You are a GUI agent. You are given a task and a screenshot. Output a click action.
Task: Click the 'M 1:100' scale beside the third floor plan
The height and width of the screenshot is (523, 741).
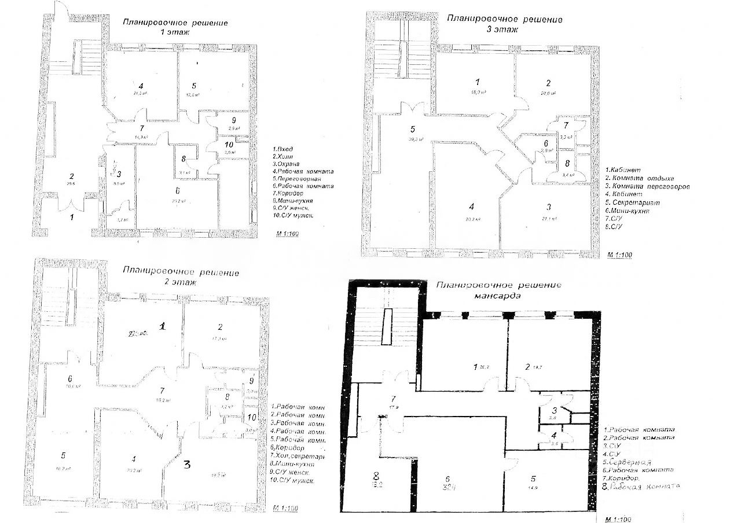(x=620, y=255)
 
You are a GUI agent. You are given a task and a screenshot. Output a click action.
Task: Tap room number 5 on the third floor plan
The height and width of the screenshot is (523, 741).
(x=412, y=129)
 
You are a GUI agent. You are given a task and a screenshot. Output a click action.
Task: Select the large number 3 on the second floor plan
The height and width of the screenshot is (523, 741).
(x=187, y=464)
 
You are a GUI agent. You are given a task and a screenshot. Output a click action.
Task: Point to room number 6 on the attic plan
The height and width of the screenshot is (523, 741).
(x=447, y=478)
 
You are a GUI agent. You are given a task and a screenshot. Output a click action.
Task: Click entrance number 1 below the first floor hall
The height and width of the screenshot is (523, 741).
(x=72, y=218)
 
